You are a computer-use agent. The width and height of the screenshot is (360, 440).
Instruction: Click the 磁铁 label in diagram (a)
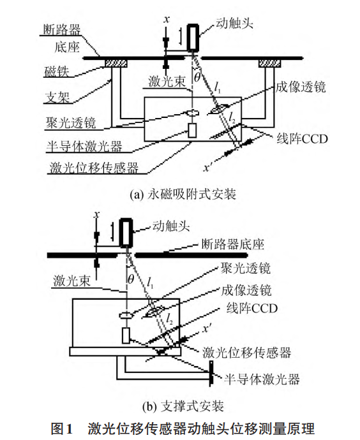pyautogui.click(x=56, y=71)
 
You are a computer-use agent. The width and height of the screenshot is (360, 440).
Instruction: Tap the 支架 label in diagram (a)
pyautogui.click(x=57, y=98)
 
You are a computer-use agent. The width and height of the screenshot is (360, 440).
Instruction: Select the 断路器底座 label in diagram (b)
pyautogui.click(x=233, y=244)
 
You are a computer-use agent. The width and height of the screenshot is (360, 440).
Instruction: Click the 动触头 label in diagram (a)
pyautogui.click(x=234, y=23)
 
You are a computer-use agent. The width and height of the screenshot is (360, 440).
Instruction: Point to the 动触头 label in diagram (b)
pyautogui.click(x=171, y=226)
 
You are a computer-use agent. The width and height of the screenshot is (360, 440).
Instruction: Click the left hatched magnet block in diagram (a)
pyautogui.click(x=116, y=63)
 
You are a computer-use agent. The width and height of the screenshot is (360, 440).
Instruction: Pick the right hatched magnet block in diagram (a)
pyautogui.click(x=269, y=63)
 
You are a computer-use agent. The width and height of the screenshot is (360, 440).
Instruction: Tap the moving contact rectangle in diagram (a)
pyautogui.click(x=193, y=38)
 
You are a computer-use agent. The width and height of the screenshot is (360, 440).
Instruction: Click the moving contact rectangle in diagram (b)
pyautogui.click(x=126, y=233)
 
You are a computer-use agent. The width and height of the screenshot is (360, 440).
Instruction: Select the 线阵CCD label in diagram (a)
pyautogui.click(x=302, y=139)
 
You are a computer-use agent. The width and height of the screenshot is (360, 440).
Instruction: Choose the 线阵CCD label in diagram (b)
pyautogui.click(x=252, y=308)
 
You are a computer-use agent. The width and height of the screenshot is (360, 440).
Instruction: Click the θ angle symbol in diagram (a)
pyautogui.click(x=197, y=77)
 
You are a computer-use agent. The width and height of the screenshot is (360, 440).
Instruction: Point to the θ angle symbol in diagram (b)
pyautogui.click(x=131, y=279)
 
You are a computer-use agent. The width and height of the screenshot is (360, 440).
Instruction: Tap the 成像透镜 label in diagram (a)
pyautogui.click(x=301, y=87)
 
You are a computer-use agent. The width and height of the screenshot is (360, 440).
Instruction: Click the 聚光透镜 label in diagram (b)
pyautogui.click(x=246, y=268)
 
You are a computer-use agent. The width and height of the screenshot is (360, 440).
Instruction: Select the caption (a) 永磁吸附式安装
pyautogui.click(x=183, y=194)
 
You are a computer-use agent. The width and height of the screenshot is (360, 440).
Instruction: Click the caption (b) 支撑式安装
pyautogui.click(x=183, y=406)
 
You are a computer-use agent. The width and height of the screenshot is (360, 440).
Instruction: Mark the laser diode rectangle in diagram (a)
pyautogui.click(x=192, y=131)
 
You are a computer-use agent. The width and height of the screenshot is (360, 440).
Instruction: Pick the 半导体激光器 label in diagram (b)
pyautogui.click(x=262, y=379)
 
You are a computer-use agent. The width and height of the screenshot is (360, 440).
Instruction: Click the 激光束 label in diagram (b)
pyautogui.click(x=71, y=281)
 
